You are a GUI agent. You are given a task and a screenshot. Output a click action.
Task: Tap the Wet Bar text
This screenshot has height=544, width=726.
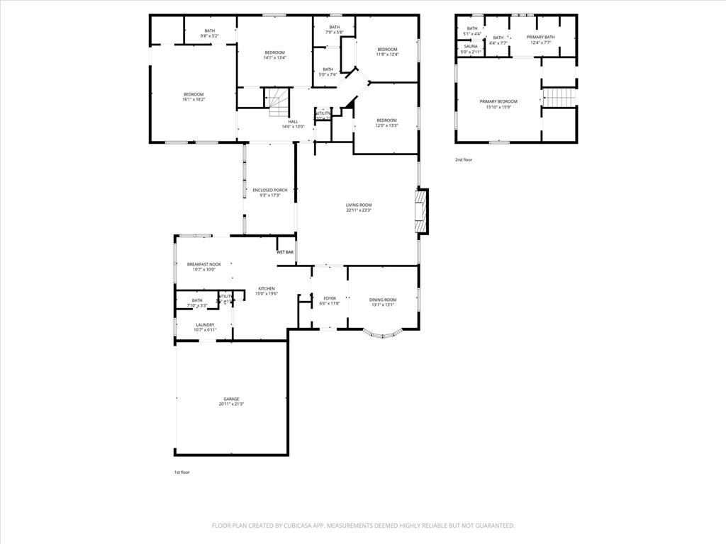point(285,252)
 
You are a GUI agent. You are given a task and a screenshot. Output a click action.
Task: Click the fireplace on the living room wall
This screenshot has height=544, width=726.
point(421,211)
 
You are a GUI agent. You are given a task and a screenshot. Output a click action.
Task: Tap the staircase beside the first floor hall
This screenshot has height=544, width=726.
point(277,101)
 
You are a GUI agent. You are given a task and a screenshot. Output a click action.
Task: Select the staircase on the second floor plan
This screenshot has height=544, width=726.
point(559,97)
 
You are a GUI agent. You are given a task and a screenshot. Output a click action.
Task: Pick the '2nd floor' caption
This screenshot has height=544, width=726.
point(464,160)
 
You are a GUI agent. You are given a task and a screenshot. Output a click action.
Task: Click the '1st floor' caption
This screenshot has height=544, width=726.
point(182,472)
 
